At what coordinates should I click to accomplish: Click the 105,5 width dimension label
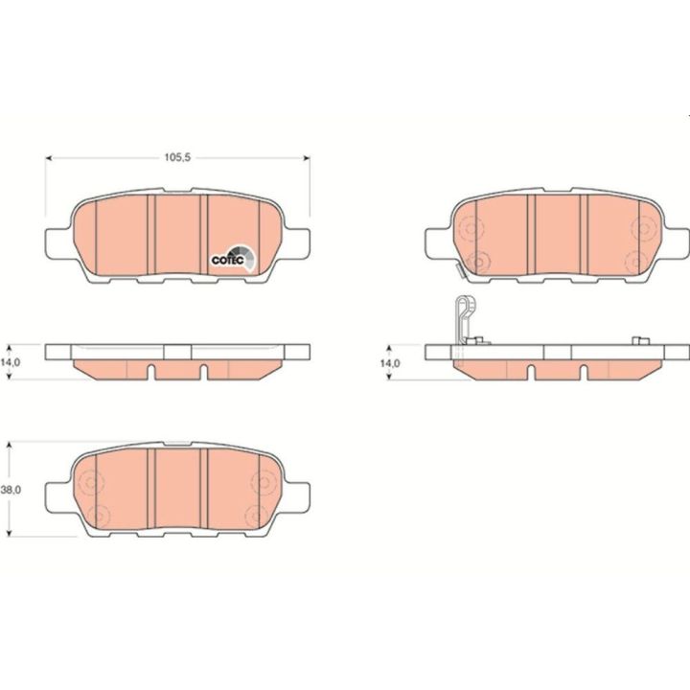pyautogui.click(x=177, y=157)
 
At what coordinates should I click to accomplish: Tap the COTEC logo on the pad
pyautogui.click(x=233, y=259)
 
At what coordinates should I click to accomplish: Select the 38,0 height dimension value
pyautogui.click(x=11, y=490)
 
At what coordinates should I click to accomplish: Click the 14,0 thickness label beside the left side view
pyautogui.click(x=11, y=362)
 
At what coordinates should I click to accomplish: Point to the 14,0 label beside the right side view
pyautogui.click(x=390, y=363)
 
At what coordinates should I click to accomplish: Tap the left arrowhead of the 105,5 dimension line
pyautogui.click(x=49, y=157)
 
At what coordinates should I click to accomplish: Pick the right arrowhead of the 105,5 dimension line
pyautogui.click(x=307, y=157)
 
